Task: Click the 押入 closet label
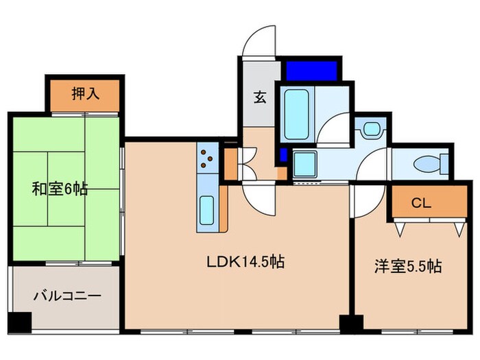[85, 94]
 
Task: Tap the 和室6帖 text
[60, 189]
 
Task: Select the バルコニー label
[68, 297]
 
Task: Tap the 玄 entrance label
[261, 97]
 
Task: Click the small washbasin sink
[372, 129]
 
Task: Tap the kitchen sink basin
[206, 209]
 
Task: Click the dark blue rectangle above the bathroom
[311, 70]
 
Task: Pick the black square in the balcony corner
[22, 320]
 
